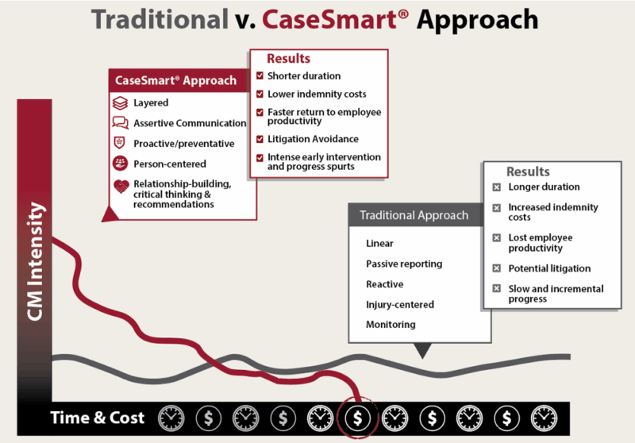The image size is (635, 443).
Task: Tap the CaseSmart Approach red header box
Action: pos(176,80)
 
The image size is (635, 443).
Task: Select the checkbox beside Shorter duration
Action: pos(260,76)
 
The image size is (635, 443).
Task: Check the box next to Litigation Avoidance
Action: pos(260,140)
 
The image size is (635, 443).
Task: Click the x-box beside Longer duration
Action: pos(496,187)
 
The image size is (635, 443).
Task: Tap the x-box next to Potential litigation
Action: pos(496,269)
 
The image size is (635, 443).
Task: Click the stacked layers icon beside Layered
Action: pos(120,103)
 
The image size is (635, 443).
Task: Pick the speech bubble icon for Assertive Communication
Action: pos(120,123)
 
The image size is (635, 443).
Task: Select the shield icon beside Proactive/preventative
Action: pos(120,144)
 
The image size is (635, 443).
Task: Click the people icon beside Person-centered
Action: pos(120,164)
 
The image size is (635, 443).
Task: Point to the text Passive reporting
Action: pos(404,264)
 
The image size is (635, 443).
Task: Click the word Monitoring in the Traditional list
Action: pos(391,325)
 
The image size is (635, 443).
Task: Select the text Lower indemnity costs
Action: pos(317,94)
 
